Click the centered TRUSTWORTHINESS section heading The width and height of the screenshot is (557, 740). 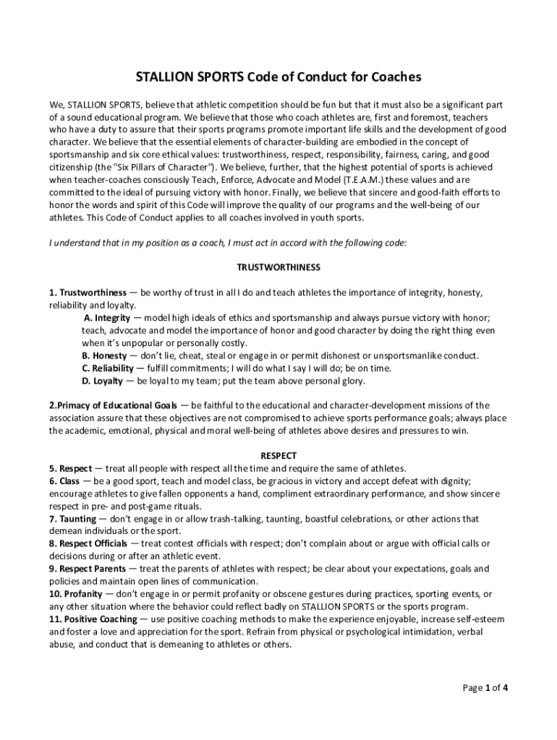(x=278, y=267)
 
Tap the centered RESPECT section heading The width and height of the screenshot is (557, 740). (x=278, y=456)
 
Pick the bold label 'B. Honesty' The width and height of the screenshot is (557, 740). (x=104, y=356)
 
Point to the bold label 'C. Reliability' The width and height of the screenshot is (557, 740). (x=108, y=369)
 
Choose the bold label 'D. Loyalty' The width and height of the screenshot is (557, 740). (x=102, y=381)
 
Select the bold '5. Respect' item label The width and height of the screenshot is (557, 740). (x=70, y=468)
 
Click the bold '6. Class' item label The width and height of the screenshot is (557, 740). (x=64, y=481)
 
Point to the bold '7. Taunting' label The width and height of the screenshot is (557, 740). (x=72, y=519)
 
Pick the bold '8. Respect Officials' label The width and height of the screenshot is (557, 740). (x=88, y=543)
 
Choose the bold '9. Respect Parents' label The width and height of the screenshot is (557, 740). (x=87, y=569)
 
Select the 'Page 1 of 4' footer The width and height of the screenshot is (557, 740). (x=485, y=687)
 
